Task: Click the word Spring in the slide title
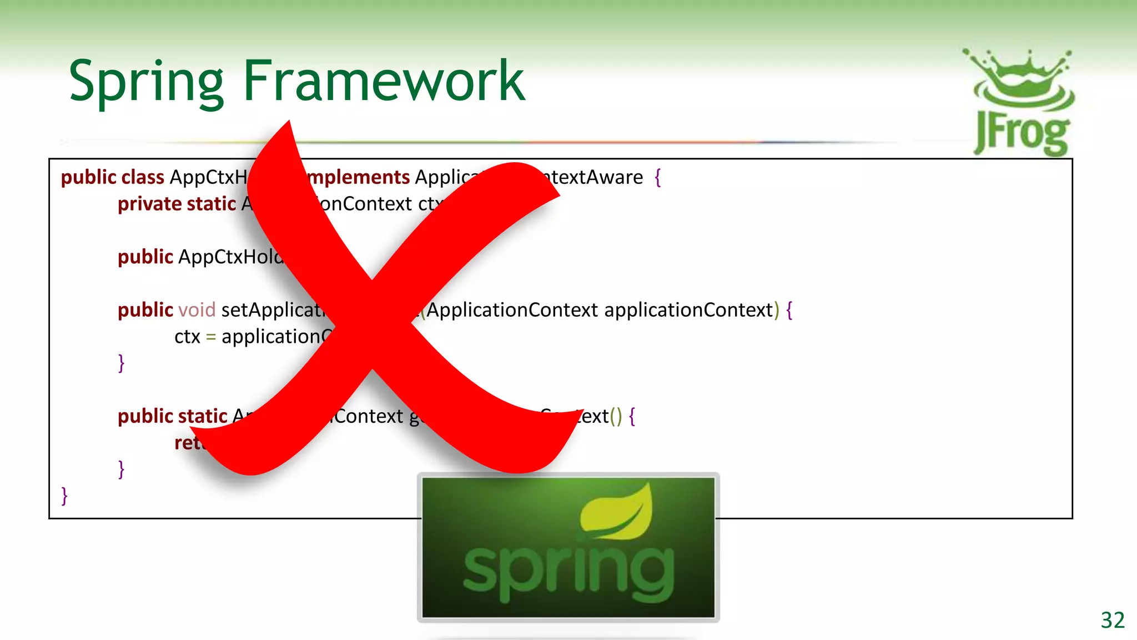pos(146,82)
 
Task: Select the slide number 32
pos(1113,620)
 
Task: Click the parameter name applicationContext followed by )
pos(688,310)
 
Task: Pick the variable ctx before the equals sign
pos(187,337)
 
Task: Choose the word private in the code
pos(145,204)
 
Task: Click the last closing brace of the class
pos(64,495)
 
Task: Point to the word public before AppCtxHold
pos(145,257)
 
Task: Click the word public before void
pos(145,310)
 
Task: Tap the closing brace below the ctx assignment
pos(121,363)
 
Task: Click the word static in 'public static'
pos(203,416)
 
